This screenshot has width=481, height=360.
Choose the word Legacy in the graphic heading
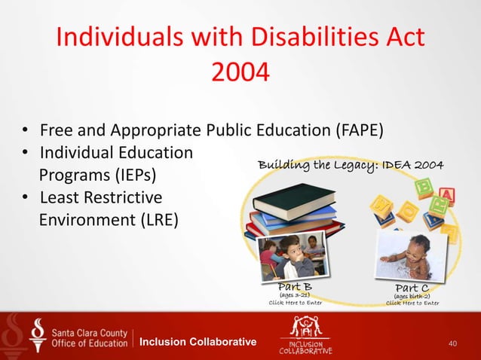tap(342, 165)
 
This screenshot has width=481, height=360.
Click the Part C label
tap(412, 287)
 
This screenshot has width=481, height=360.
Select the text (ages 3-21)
tap(296, 295)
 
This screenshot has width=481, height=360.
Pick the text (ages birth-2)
tap(412, 295)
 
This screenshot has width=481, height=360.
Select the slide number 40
tap(452, 343)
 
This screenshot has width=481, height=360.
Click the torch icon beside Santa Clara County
tap(37, 336)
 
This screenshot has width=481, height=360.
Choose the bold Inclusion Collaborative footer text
tap(198, 343)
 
